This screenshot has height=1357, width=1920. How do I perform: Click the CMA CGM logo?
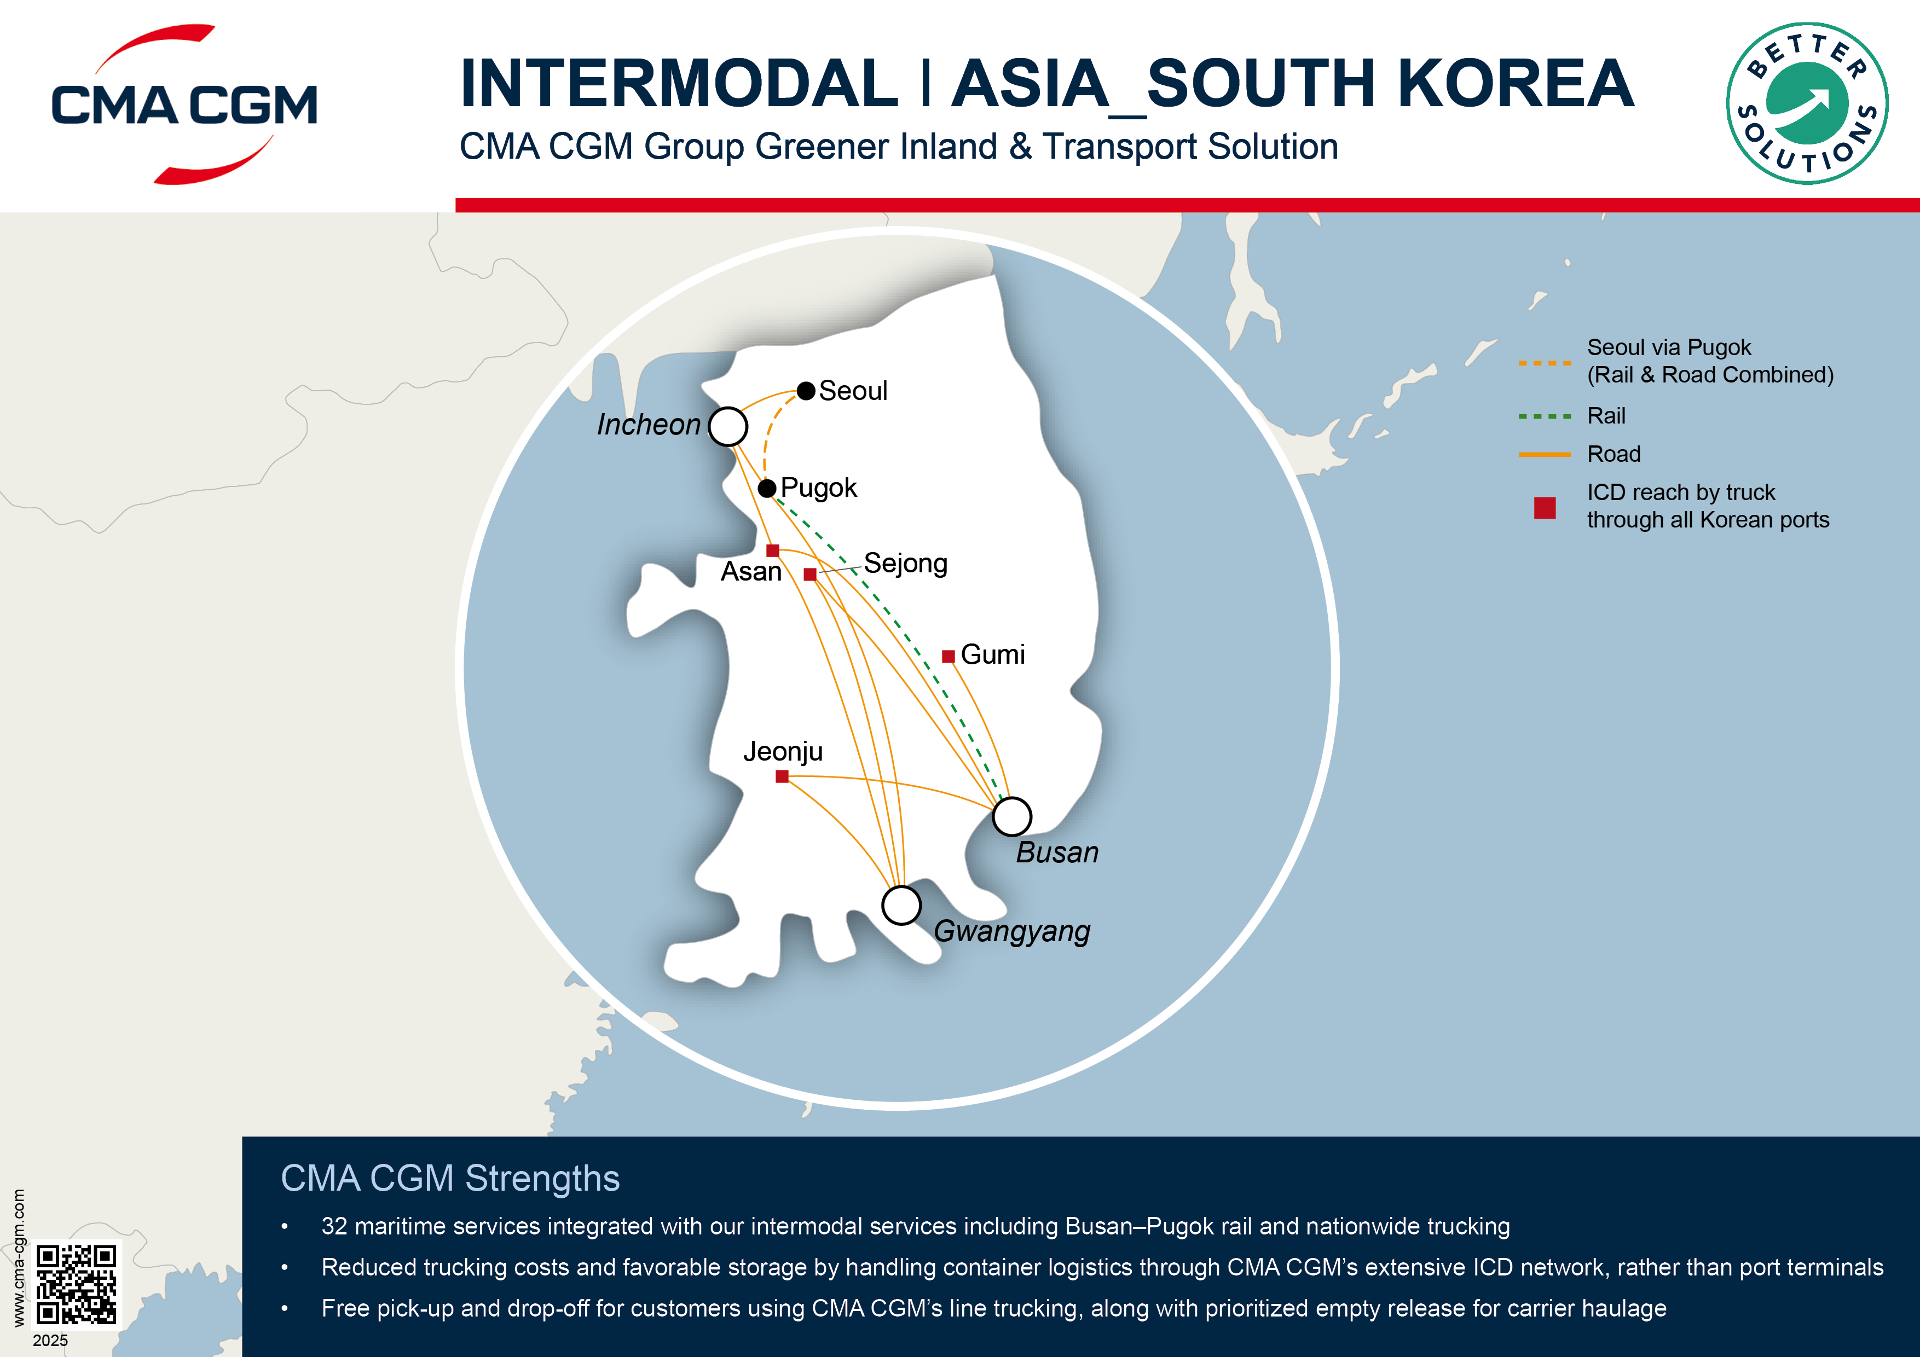[x=184, y=105]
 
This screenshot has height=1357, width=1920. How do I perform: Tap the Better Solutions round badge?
[x=1806, y=103]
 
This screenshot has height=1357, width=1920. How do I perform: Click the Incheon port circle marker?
[x=727, y=426]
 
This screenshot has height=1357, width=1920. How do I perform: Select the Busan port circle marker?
[x=1012, y=816]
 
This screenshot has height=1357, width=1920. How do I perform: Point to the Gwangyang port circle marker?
[x=901, y=904]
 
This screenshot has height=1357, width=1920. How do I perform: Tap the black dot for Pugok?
[x=767, y=488]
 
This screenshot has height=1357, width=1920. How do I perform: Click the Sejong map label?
[x=906, y=564]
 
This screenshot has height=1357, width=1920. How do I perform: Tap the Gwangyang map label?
[x=1012, y=931]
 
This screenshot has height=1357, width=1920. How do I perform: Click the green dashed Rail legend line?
[x=1545, y=415]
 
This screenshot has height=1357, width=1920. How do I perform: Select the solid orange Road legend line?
[x=1545, y=454]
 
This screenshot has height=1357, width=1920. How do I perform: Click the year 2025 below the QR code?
[x=50, y=1340]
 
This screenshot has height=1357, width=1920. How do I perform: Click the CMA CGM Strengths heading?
[x=450, y=1178]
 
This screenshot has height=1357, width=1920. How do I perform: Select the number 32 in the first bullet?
[x=334, y=1227]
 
